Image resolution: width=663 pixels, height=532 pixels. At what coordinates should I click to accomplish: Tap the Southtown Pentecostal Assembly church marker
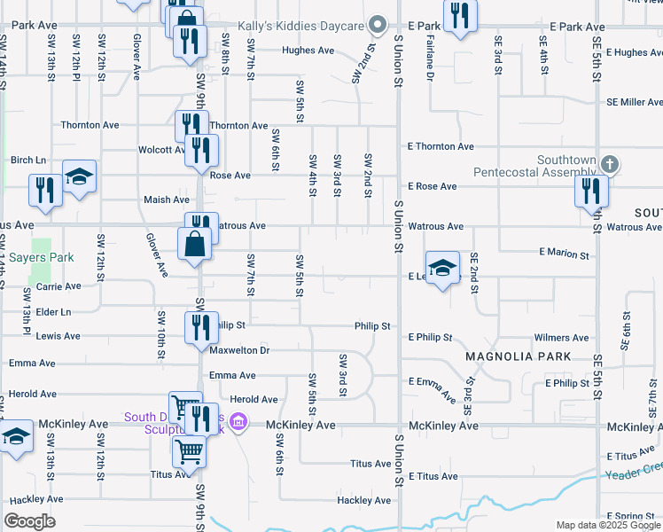tap(609, 164)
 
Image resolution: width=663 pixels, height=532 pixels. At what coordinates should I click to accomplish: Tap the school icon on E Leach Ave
tap(443, 267)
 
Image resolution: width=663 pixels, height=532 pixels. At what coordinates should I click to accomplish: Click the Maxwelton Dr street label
tap(239, 351)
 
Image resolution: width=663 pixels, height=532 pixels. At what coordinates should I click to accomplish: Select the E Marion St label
tap(564, 254)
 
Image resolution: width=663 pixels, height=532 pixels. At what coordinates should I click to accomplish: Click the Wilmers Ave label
tap(561, 338)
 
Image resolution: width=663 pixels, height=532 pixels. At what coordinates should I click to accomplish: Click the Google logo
tap(30, 521)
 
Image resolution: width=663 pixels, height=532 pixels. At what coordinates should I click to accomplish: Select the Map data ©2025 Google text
tap(607, 525)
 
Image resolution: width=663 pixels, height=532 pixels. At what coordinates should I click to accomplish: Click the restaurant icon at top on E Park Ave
tap(459, 16)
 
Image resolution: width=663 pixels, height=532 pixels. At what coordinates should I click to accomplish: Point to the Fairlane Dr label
tap(429, 59)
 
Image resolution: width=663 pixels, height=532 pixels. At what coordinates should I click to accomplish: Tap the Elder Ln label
tap(53, 312)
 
